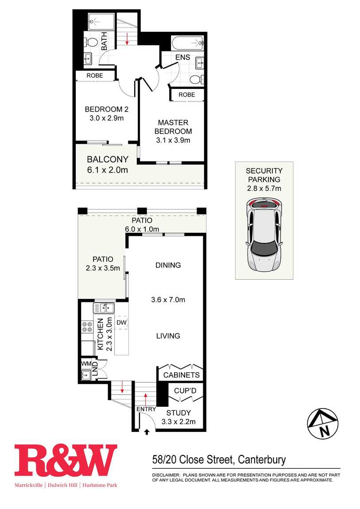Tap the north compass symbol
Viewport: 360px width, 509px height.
tap(323, 424)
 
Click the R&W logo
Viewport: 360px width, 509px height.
tap(66, 460)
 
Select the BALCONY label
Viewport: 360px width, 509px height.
tap(108, 159)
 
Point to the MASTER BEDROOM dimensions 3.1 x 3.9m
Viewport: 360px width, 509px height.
tap(173, 140)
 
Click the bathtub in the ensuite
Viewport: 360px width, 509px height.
tap(188, 43)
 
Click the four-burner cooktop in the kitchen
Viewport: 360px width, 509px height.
tap(87, 327)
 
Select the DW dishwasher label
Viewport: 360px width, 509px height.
tap(121, 322)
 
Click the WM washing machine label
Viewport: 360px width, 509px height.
tap(86, 363)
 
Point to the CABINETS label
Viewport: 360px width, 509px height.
tap(181, 375)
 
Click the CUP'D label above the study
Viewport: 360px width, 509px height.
tap(185, 390)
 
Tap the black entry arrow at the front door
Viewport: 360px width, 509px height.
tap(147, 432)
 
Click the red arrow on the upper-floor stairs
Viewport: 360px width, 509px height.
tap(127, 38)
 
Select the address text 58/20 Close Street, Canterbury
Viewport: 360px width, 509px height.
tap(219, 460)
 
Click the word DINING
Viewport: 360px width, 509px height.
tap(168, 265)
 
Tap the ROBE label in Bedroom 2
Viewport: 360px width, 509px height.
tap(95, 75)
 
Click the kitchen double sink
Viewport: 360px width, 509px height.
tap(104, 307)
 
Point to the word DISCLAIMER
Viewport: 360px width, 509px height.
tap(166, 475)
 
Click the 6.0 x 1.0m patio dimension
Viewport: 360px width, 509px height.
tap(142, 229)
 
